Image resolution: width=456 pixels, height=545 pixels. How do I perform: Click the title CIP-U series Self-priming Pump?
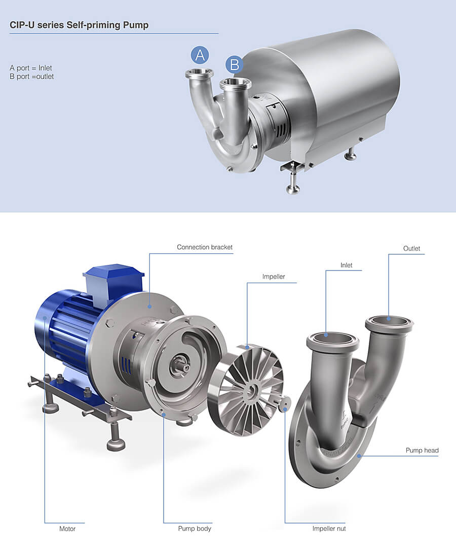click(x=79, y=25)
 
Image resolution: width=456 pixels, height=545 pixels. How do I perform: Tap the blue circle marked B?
click(x=234, y=64)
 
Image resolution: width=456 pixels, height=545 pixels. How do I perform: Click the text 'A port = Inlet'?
click(x=31, y=68)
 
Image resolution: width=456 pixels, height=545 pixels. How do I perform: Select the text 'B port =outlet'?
click(x=31, y=77)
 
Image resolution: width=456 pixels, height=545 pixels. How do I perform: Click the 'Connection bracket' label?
click(x=205, y=247)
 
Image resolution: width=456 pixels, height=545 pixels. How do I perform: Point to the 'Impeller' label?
click(x=274, y=277)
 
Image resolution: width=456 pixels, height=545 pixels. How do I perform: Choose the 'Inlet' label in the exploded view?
click(x=347, y=265)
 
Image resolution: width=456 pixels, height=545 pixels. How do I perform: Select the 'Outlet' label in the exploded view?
click(x=411, y=249)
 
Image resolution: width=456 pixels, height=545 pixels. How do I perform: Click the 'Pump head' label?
click(x=422, y=450)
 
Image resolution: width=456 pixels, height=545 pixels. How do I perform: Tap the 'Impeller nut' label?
click(x=329, y=529)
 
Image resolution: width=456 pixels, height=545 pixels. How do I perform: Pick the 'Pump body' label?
click(x=195, y=529)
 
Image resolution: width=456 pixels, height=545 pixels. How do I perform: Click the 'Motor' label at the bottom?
click(x=67, y=529)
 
